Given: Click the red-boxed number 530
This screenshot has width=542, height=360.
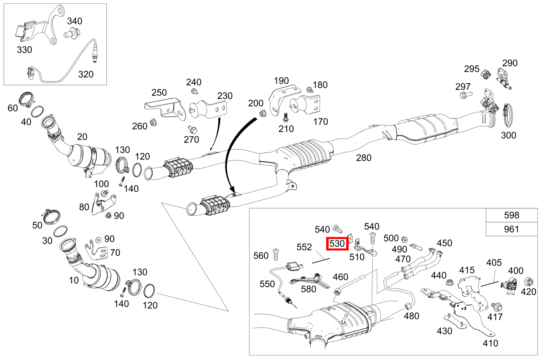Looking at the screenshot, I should [x=338, y=244].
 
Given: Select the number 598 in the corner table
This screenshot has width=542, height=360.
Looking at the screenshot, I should [x=511, y=215].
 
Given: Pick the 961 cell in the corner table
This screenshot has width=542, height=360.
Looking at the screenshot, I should [x=511, y=229].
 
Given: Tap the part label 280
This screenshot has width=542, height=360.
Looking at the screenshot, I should [x=363, y=157].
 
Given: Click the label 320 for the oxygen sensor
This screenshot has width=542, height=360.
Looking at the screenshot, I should [x=85, y=74].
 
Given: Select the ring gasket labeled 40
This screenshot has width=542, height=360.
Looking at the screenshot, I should [x=38, y=111].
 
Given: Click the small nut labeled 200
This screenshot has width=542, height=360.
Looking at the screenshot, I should [x=262, y=114].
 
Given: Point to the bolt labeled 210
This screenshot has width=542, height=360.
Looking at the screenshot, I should [x=285, y=118].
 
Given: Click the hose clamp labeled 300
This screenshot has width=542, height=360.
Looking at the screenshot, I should [x=508, y=114].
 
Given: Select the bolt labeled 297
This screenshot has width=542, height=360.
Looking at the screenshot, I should [x=466, y=95].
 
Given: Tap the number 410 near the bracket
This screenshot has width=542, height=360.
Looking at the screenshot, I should [x=490, y=343].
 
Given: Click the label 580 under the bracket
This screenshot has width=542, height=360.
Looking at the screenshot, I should [x=308, y=289].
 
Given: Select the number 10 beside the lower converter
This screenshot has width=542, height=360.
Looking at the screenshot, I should [x=74, y=280].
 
